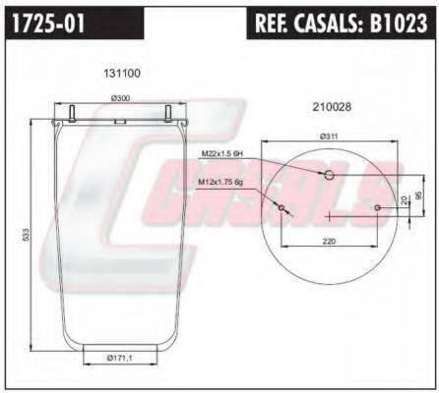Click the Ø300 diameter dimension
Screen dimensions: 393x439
[121, 98]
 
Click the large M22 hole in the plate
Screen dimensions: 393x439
[330, 175]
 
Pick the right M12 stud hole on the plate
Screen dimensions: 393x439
[378, 207]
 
